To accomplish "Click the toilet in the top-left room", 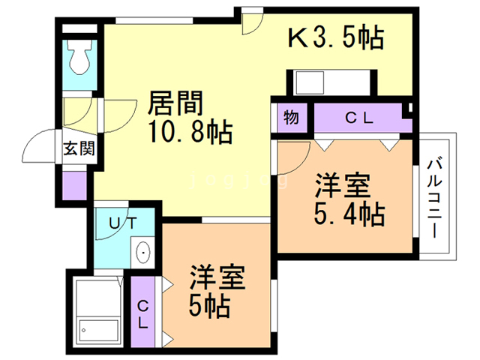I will click(x=78, y=54).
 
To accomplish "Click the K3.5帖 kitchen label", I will click(x=337, y=38).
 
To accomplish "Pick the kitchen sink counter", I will click(x=330, y=81).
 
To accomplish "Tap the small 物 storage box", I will click(x=292, y=118).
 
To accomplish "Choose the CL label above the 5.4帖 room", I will click(x=361, y=118).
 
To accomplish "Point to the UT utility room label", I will click(x=123, y=222).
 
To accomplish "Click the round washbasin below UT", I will click(x=142, y=253).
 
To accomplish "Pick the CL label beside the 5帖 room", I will click(x=142, y=312).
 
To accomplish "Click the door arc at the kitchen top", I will click(x=251, y=22).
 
